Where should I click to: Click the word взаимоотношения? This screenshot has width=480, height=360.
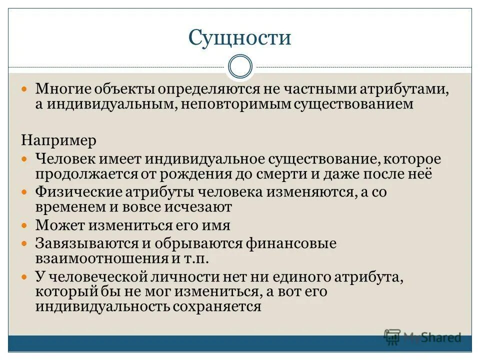pyautogui.click(x=101, y=258)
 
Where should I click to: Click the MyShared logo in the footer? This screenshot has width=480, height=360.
pyautogui.click(x=422, y=337)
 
